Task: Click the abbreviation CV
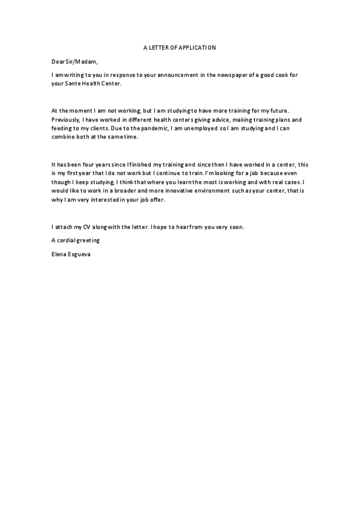pyautogui.click(x=87, y=227)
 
